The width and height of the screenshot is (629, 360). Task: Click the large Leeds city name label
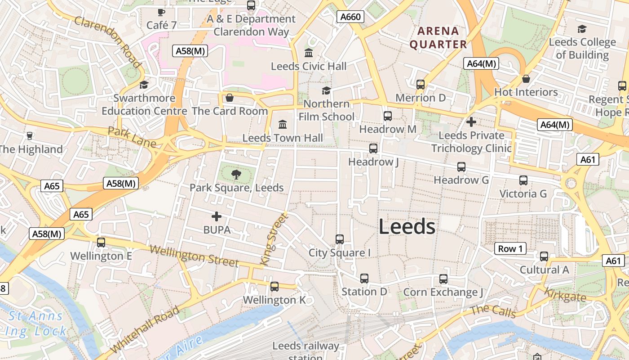(x=407, y=226)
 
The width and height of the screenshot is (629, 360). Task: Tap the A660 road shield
(x=350, y=17)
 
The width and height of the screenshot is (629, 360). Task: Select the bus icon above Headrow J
(x=373, y=148)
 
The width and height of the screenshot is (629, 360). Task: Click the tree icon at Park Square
(x=236, y=174)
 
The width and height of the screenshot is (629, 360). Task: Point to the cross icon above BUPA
(x=217, y=216)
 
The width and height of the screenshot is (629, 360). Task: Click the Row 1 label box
(x=510, y=248)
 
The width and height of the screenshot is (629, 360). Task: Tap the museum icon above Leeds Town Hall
(x=283, y=124)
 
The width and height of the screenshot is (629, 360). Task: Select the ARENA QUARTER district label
(x=438, y=38)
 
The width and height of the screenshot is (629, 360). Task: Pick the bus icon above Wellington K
(x=274, y=286)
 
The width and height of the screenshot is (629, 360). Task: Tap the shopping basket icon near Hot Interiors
(x=526, y=79)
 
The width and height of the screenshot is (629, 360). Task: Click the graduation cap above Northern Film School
(x=327, y=90)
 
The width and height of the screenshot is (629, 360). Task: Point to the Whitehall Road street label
(x=145, y=329)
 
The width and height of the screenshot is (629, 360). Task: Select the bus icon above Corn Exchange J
(x=443, y=279)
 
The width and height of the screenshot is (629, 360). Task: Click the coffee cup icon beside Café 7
(x=161, y=12)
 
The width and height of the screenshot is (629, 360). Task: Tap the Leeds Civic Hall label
(x=309, y=66)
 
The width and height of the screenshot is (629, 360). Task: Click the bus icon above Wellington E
(x=101, y=242)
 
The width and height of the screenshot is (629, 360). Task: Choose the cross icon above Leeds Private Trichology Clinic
(x=471, y=121)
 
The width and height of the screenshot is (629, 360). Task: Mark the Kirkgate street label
(x=565, y=295)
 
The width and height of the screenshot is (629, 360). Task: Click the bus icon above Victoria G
(x=523, y=180)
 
